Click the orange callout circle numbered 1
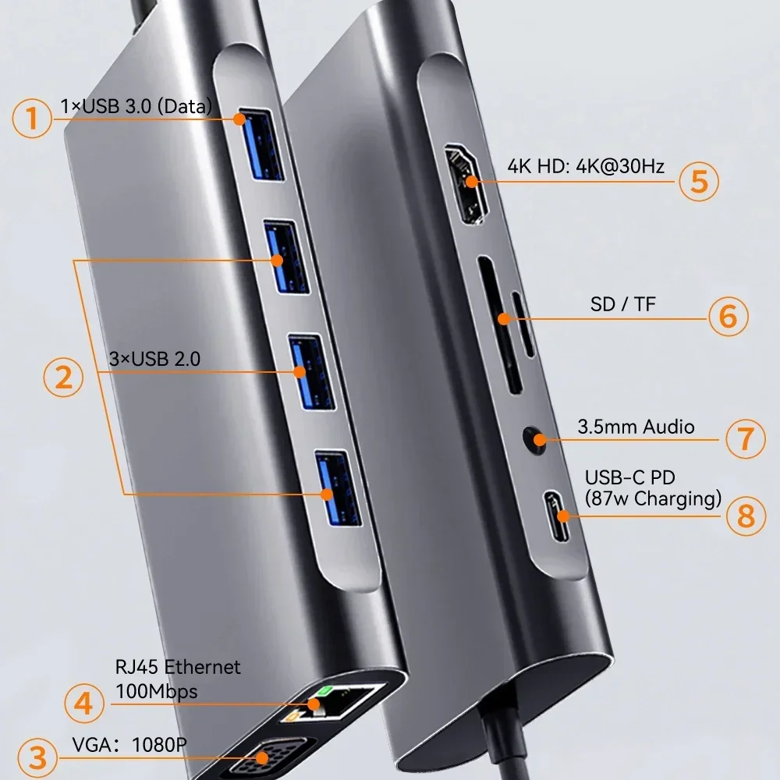tap(32, 119)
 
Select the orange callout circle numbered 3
tap(33, 755)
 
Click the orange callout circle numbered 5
tap(698, 181)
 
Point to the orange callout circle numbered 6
tap(728, 316)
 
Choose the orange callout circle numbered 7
tap(746, 438)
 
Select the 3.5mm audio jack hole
tap(535, 438)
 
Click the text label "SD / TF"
tap(623, 304)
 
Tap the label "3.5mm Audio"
tap(636, 427)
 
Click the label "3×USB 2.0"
tap(155, 360)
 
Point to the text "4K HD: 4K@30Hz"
tap(585, 166)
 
